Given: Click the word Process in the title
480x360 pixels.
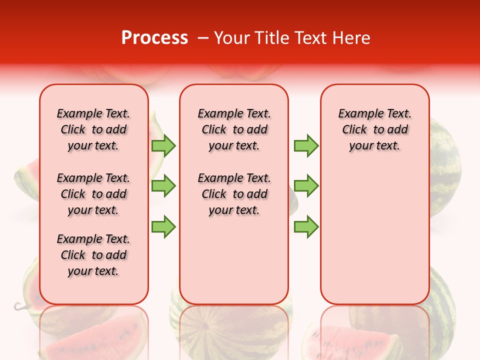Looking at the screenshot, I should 154,38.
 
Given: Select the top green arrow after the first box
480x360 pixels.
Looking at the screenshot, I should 163,145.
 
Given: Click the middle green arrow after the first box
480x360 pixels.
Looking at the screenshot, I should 163,186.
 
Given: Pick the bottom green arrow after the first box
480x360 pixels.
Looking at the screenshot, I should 163,227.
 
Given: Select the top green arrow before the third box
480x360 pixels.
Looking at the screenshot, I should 306,145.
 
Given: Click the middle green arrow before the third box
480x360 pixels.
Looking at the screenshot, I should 306,186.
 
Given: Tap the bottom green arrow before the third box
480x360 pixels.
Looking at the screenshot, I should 306,227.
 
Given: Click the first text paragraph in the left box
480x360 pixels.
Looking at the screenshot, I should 93,129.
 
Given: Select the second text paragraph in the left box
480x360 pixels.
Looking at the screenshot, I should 93,194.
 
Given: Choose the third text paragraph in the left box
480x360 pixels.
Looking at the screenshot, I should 93,255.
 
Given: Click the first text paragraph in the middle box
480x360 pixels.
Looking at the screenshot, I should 234,129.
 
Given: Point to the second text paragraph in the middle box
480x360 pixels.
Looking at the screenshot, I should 234,194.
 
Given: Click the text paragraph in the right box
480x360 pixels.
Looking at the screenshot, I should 374,129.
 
